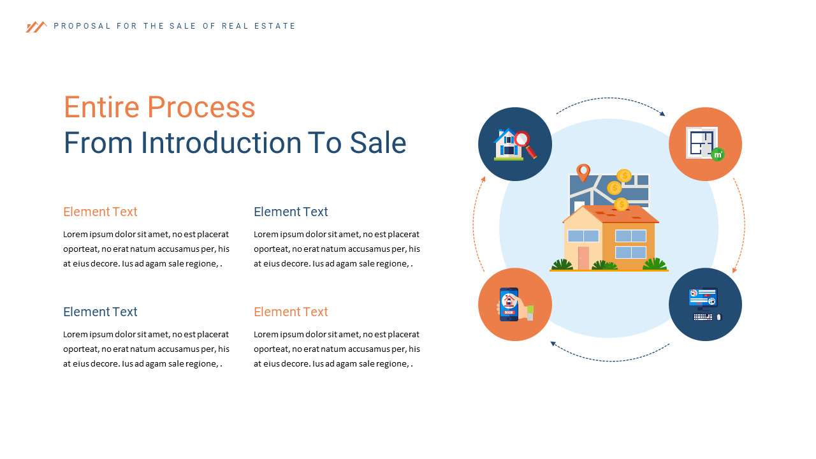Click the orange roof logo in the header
pyautogui.click(x=36, y=27)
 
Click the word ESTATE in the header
pyautogui.click(x=279, y=26)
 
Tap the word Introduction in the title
pyautogui.click(x=221, y=143)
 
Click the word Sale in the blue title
pyautogui.click(x=377, y=143)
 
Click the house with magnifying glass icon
pyautogui.click(x=514, y=144)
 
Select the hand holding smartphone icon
pyautogui.click(x=514, y=304)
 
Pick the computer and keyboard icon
pyautogui.click(x=705, y=304)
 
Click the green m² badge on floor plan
pyautogui.click(x=718, y=154)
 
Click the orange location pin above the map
pyautogui.click(x=583, y=172)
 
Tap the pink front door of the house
pyautogui.click(x=583, y=258)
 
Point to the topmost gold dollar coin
pyautogui.click(x=624, y=175)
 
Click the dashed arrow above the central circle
pyautogui.click(x=609, y=99)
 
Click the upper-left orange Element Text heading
pyautogui.click(x=100, y=212)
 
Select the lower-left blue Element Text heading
pyautogui.click(x=100, y=312)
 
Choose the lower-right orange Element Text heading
pyautogui.click(x=291, y=312)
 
